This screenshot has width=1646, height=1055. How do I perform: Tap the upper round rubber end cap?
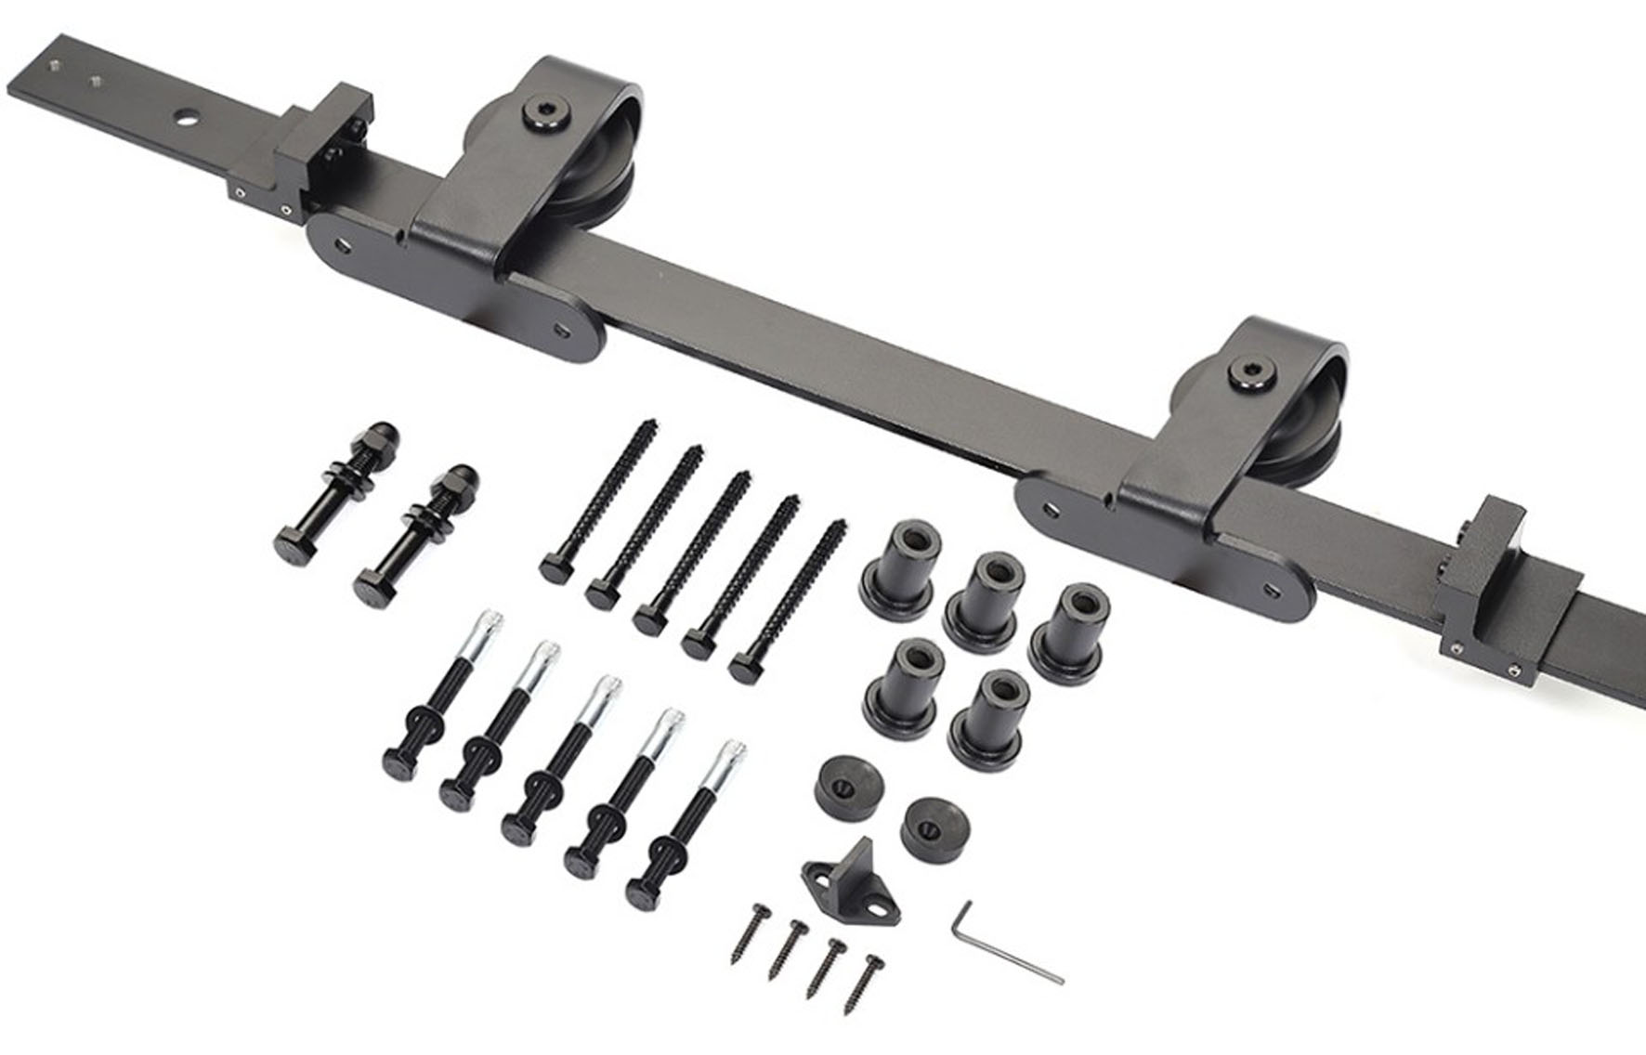point(848,786)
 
